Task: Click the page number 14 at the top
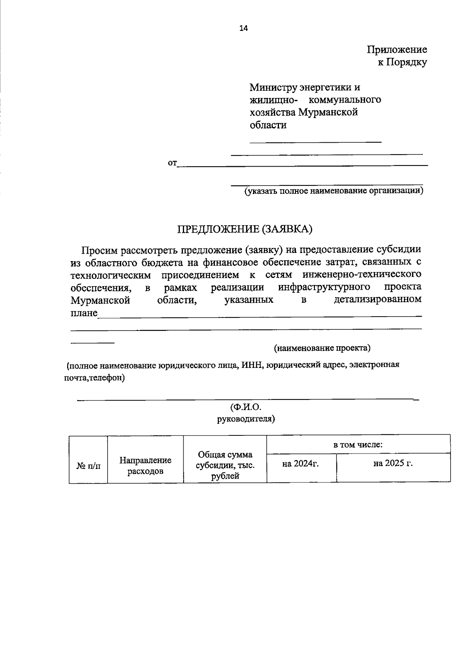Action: coord(243,28)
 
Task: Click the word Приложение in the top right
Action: coord(397,50)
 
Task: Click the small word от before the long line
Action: coord(172,163)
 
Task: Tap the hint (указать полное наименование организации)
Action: coord(333,191)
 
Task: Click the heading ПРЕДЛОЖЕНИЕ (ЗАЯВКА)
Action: coord(244,229)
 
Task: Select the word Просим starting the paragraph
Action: coord(99,250)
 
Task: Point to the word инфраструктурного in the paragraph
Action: coord(324,287)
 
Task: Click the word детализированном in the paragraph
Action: coord(377,300)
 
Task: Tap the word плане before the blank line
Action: coord(84,313)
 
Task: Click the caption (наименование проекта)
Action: coord(322,348)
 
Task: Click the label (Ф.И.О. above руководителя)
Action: coord(246,407)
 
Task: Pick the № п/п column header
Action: coord(88,466)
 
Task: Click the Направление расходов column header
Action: coord(145,465)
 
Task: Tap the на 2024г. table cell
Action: coord(300,464)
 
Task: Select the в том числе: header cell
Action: coord(358,444)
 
